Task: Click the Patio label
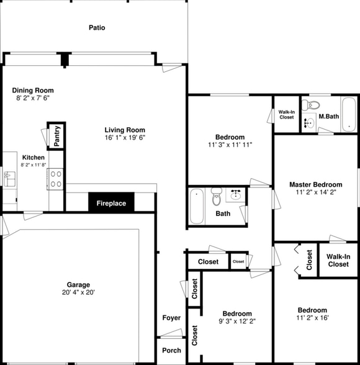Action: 96,28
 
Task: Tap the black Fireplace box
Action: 111,204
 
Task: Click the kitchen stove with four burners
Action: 55,179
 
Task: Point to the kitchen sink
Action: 9,179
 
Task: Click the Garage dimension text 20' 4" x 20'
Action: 79,292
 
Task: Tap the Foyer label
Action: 171,318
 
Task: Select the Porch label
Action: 171,351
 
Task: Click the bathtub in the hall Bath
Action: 197,206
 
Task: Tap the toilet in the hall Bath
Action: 217,197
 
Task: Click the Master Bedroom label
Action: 316,185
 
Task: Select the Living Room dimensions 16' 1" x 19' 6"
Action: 125,138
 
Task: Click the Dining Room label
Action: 33,91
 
